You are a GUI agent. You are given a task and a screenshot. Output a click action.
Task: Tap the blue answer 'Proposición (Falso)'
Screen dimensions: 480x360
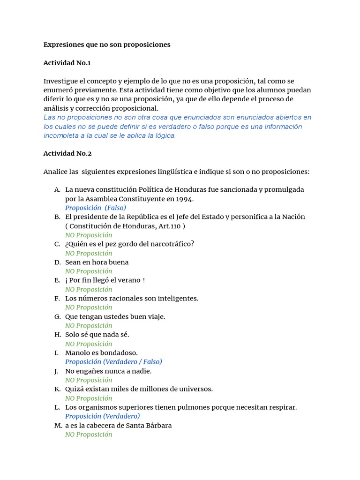(96, 208)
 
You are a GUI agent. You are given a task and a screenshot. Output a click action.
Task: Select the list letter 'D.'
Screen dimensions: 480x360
(57, 262)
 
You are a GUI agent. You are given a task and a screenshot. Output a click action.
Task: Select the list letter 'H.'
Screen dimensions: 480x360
(58, 335)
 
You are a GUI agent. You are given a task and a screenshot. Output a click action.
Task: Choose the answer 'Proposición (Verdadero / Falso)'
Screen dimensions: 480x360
(113, 362)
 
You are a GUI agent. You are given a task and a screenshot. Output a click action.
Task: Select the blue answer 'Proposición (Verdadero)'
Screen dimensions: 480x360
(102, 416)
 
